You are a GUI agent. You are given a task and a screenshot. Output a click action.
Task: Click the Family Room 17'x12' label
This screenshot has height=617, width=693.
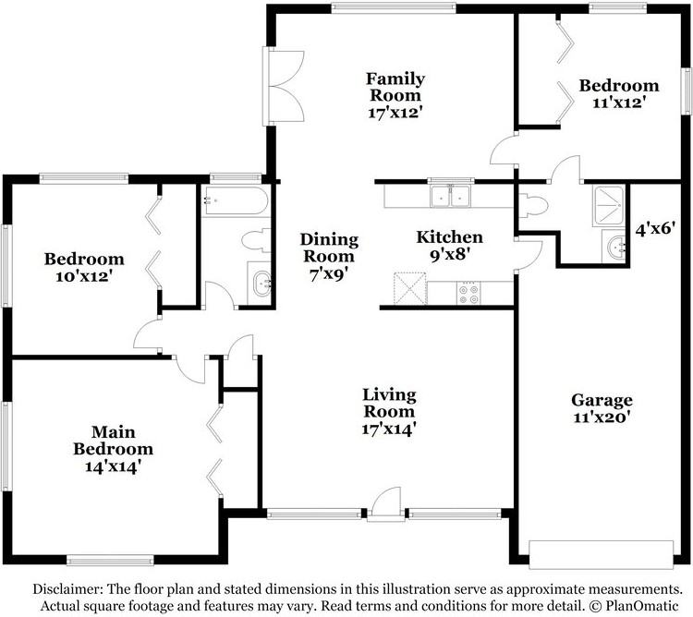[x=395, y=96]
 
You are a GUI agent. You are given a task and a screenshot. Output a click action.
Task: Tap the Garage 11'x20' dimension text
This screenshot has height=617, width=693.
[x=602, y=417]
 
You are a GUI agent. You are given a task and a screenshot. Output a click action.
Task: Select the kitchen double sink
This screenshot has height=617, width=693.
[x=450, y=196]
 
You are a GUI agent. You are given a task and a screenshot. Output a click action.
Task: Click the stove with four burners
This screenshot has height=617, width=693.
[x=468, y=294]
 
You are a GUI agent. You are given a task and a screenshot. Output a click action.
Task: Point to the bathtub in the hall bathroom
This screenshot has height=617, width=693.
[x=235, y=201]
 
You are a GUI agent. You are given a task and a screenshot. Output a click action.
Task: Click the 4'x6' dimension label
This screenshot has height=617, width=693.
[x=655, y=229]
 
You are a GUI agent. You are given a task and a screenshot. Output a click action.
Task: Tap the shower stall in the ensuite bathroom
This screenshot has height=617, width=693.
[x=609, y=205]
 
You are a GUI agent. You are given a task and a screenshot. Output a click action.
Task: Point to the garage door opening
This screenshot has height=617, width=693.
[x=602, y=555]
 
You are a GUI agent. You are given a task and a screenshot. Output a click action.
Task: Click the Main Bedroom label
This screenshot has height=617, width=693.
[x=113, y=441]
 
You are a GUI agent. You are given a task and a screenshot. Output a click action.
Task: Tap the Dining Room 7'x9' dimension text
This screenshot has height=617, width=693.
[x=328, y=274]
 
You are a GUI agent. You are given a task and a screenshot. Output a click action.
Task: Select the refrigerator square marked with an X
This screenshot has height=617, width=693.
[x=409, y=288]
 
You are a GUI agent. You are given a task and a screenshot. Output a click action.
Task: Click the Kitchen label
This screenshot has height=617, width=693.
[x=449, y=237]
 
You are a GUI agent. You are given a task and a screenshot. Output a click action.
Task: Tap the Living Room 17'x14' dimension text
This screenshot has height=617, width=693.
[x=389, y=429]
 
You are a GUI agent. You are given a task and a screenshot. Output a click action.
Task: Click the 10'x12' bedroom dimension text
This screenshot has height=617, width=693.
[x=84, y=276]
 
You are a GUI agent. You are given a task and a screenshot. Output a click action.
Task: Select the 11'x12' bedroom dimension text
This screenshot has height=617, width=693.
[x=619, y=103]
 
